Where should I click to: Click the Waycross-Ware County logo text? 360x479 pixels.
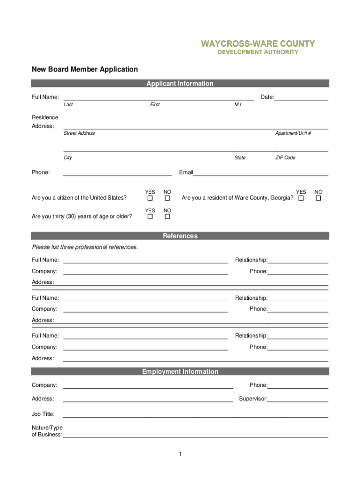[x=258, y=44]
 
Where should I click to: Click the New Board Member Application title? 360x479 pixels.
[x=85, y=69]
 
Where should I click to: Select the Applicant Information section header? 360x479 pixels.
[x=180, y=84]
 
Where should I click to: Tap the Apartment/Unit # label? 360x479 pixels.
[x=293, y=133]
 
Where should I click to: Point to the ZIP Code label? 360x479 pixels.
[x=285, y=158]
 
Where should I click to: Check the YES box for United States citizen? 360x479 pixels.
[x=150, y=198]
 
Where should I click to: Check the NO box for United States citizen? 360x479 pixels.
[x=167, y=198]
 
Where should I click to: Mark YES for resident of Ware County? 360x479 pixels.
[x=301, y=198]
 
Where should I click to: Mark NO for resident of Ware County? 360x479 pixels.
[x=318, y=198]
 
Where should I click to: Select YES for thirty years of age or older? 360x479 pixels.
[x=150, y=217]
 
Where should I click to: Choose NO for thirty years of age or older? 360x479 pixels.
[x=167, y=217]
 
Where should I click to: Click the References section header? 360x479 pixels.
[x=180, y=236]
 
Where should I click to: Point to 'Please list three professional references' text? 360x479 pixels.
[x=85, y=247]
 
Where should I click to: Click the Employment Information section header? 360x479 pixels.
[x=180, y=372]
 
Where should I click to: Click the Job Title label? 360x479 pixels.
[x=43, y=414]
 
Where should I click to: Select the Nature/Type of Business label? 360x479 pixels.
[x=47, y=431]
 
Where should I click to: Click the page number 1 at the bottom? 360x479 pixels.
[x=180, y=454]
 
